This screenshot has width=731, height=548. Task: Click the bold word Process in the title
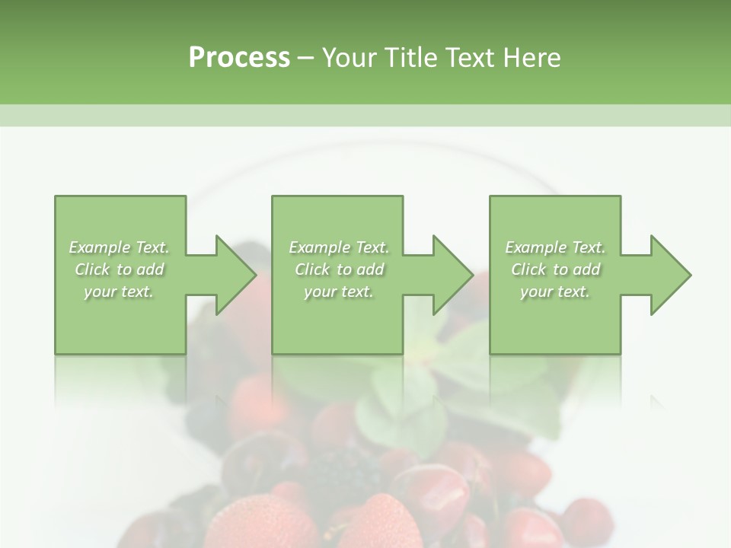239,58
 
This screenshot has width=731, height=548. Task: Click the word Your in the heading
350,58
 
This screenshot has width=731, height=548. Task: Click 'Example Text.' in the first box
119,247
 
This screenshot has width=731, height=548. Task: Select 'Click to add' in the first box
119,269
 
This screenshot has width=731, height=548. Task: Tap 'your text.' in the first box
119,292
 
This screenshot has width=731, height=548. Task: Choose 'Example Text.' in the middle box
339,247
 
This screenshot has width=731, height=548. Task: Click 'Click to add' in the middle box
339,269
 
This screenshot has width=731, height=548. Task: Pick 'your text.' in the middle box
339,292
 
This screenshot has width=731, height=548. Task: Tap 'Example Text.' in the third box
555,247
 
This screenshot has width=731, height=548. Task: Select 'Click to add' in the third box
555,269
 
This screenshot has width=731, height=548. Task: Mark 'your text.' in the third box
555,292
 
